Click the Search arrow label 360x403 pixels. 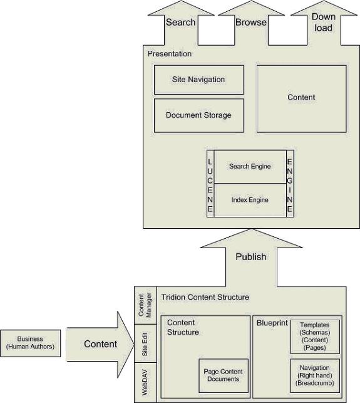tap(181, 23)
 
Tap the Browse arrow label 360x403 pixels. tap(251, 23)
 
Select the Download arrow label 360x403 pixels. tap(324, 23)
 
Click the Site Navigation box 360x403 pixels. tap(198, 80)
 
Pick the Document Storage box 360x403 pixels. tap(198, 116)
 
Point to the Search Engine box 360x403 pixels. tap(250, 167)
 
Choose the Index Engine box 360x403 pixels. tap(250, 200)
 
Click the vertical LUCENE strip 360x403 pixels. tap(210, 184)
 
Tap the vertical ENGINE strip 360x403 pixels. tap(290, 184)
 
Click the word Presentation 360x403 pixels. tap(170, 54)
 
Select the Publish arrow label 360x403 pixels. tap(251, 257)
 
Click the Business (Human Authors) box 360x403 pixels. tap(31, 343)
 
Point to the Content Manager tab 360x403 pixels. tap(145, 305)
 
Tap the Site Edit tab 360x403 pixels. tap(145, 343)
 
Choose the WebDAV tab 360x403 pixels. tap(145, 382)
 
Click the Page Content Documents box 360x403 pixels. tap(224, 375)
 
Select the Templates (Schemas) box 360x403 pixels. tap(315, 337)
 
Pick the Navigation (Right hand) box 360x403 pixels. tap(315, 375)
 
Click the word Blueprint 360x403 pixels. tap(272, 323)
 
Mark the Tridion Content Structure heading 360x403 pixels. tap(205, 297)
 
